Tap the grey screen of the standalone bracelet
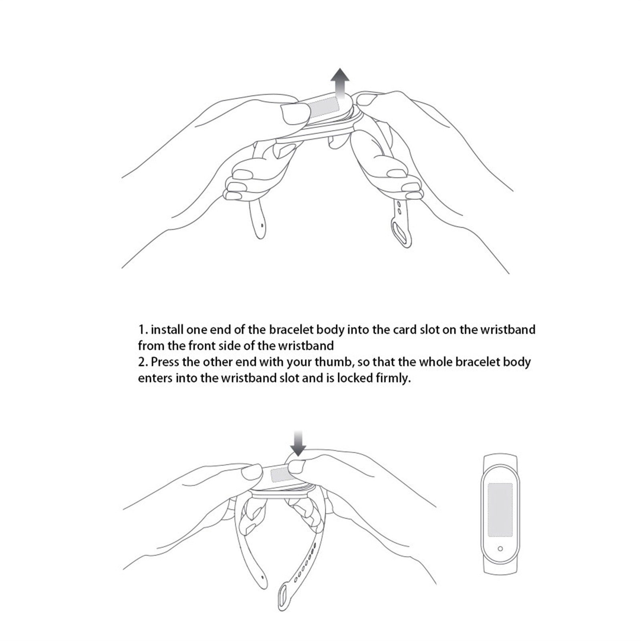point(500,509)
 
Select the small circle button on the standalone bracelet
point(500,548)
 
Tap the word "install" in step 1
point(168,330)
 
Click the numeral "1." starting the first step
point(143,330)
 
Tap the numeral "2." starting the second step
point(143,362)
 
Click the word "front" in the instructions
point(203,345)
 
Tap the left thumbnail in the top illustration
point(296,113)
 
